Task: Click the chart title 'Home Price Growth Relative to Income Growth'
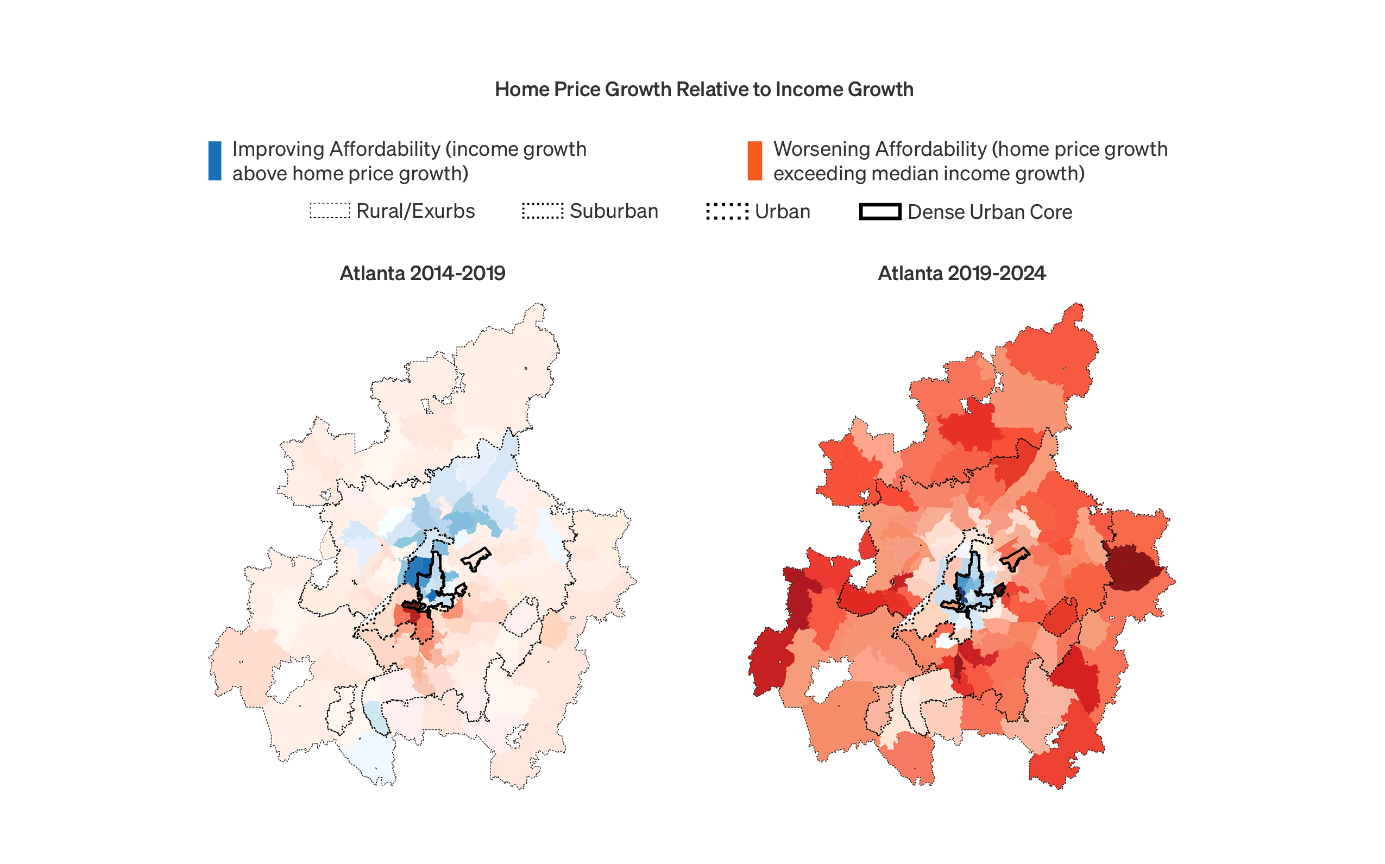[704, 90]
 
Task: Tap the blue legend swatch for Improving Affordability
[215, 161]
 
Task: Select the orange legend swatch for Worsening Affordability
[754, 161]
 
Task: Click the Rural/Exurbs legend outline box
[330, 211]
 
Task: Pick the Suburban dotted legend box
[542, 211]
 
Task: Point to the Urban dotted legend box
[727, 211]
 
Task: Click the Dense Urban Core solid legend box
[880, 211]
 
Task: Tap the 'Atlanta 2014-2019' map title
[422, 273]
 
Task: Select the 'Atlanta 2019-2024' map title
[961, 273]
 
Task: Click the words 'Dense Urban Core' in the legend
[990, 212]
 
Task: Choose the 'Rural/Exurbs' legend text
[415, 211]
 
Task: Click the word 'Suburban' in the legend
[614, 211]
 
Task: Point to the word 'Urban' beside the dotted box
[782, 211]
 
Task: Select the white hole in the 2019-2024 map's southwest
[827, 679]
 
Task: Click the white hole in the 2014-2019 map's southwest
[290, 679]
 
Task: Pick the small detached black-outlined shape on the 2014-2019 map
[476, 558]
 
